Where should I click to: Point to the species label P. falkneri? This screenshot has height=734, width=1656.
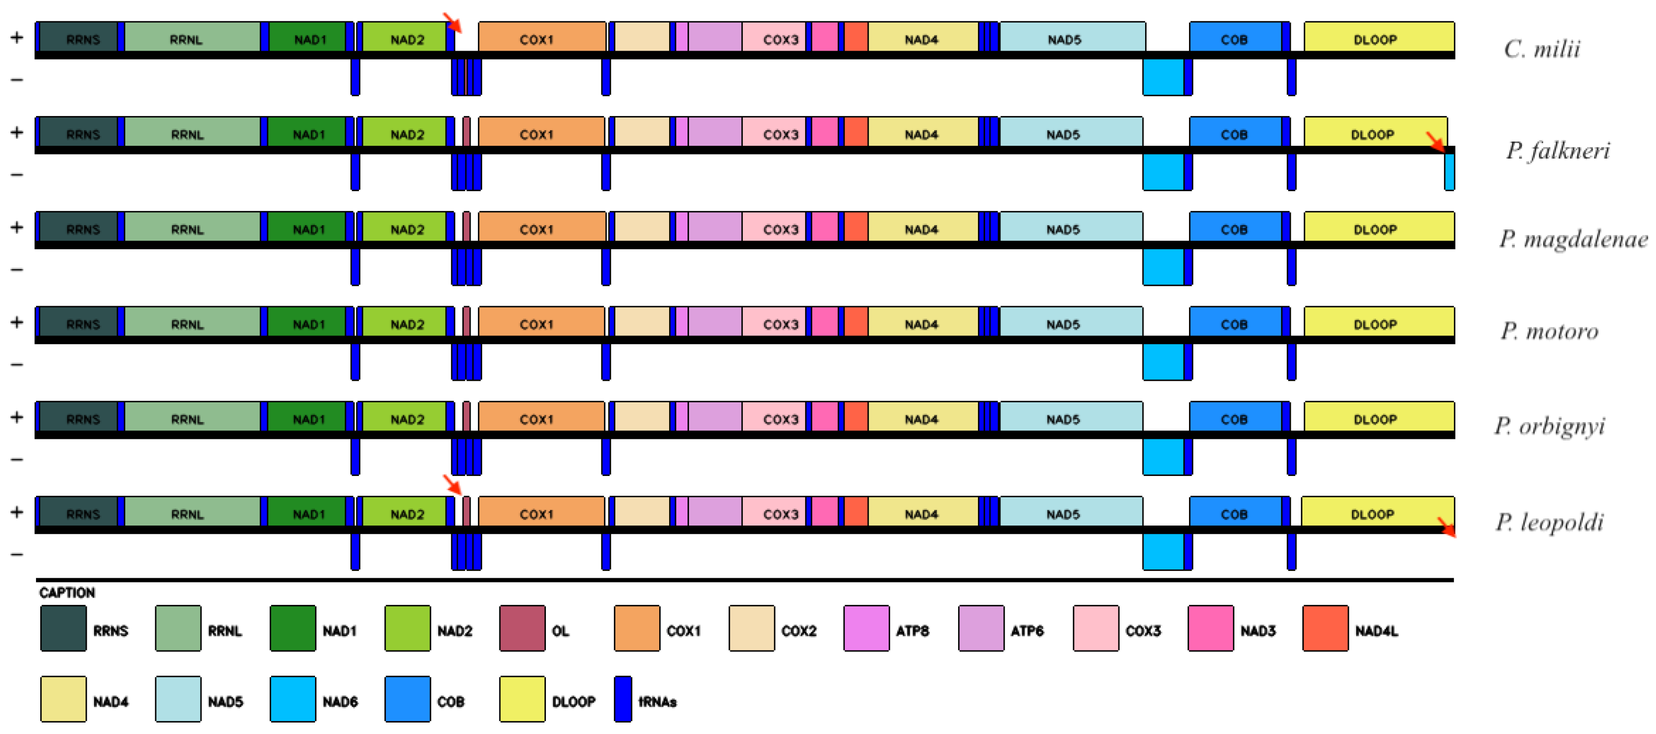tap(1557, 150)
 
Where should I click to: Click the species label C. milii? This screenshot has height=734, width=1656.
tap(1541, 49)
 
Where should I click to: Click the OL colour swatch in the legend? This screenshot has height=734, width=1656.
tap(522, 628)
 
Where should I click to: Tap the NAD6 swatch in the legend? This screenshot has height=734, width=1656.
tap(293, 698)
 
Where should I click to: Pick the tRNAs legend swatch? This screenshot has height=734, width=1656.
tap(622, 698)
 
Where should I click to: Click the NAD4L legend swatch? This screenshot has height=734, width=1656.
tap(1325, 628)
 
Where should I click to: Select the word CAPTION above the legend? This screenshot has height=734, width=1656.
tap(67, 592)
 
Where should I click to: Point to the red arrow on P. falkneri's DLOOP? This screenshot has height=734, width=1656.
tap(1435, 142)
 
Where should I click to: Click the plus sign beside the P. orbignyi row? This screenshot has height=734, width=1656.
tap(17, 417)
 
